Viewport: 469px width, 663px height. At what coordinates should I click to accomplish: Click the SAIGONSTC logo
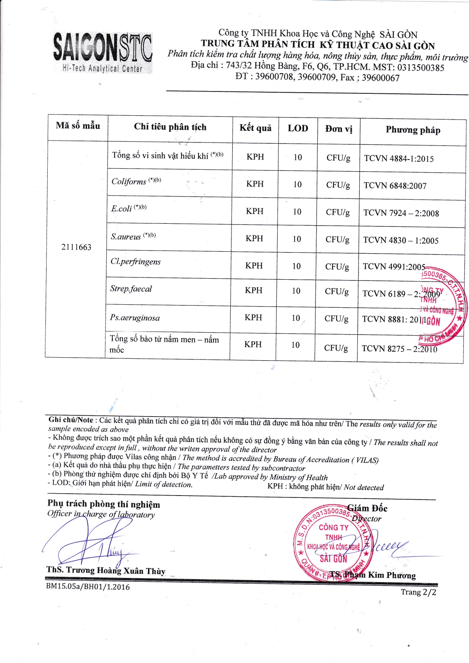(x=103, y=53)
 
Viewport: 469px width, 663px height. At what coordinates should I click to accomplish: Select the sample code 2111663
(x=76, y=247)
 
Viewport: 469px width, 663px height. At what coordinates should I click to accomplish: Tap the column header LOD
(x=298, y=128)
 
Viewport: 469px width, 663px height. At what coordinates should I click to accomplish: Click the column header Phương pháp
(x=413, y=130)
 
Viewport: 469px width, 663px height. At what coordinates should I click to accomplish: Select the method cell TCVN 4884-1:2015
(x=399, y=159)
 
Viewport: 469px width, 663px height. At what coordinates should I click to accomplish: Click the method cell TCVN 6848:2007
(x=395, y=186)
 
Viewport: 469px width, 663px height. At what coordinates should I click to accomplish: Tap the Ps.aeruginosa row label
(x=135, y=318)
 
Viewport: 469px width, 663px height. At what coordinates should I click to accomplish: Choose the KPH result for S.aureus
(x=255, y=239)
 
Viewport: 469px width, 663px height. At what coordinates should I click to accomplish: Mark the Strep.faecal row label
(x=131, y=289)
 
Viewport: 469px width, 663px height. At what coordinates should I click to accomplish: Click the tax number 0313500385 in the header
(x=419, y=68)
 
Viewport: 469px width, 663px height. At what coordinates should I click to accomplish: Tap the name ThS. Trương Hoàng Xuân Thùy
(x=106, y=570)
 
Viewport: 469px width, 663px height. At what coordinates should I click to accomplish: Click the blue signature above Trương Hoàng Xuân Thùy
(x=91, y=541)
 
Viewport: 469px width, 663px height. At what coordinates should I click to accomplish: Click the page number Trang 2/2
(x=418, y=592)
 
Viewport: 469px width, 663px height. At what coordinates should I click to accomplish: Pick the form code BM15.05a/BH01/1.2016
(x=88, y=587)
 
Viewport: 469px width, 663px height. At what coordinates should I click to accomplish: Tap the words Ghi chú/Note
(x=71, y=420)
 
